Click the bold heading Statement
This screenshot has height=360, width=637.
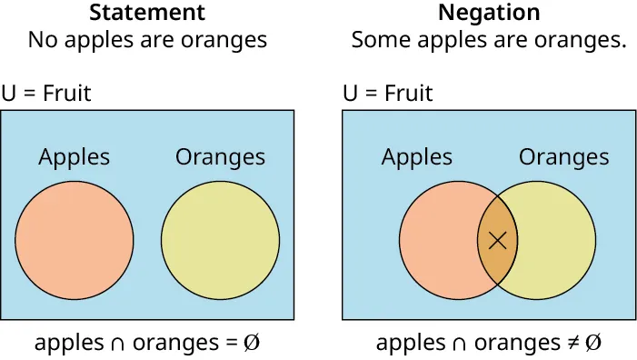(x=147, y=13)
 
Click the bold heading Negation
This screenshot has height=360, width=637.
(x=489, y=13)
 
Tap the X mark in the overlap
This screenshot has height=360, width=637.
(x=497, y=240)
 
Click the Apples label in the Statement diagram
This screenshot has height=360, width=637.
(x=74, y=156)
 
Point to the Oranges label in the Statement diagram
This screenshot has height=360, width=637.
(x=220, y=156)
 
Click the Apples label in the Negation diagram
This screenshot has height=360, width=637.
(x=416, y=156)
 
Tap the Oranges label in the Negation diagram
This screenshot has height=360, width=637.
(x=563, y=156)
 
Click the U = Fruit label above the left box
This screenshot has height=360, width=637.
(x=46, y=93)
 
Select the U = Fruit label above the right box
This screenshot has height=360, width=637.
(x=388, y=93)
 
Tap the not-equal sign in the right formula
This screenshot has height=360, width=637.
(x=569, y=344)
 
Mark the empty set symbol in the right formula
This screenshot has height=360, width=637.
(x=592, y=344)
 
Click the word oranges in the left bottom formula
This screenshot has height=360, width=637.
(x=172, y=344)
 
